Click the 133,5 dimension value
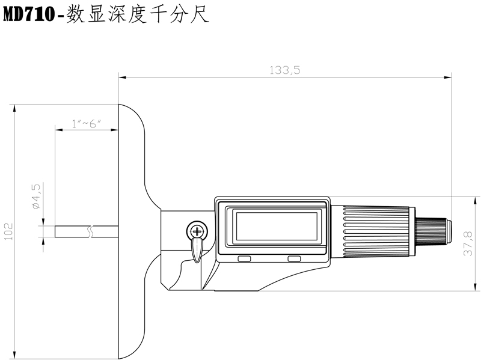point(284,70)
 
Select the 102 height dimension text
point(8,231)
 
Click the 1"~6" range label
point(85,124)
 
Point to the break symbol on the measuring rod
point(90,231)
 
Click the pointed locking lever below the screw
point(196,250)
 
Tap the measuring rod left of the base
point(72,231)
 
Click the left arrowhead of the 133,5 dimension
point(121,77)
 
